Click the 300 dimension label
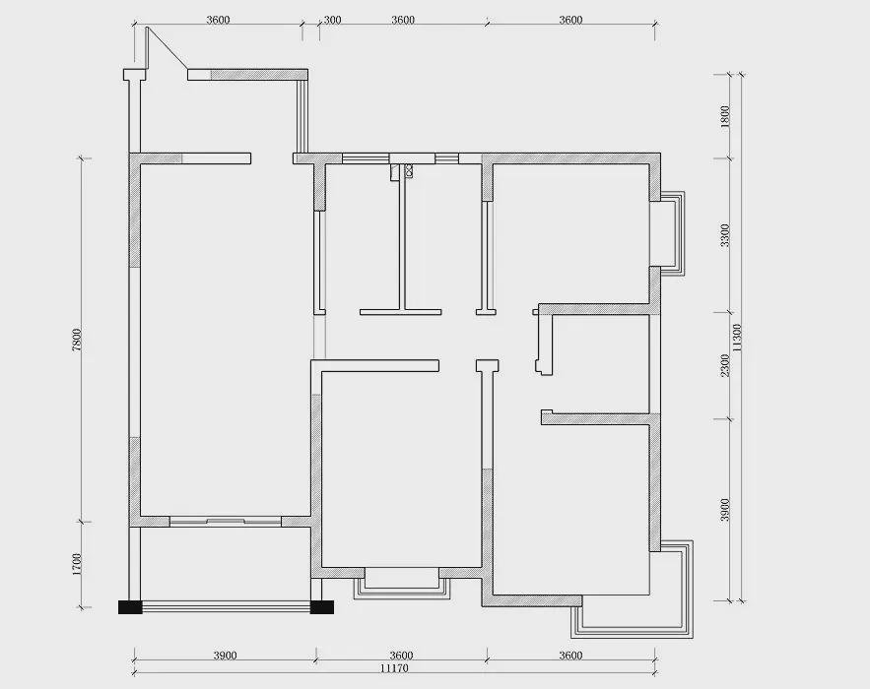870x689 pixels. tap(332, 20)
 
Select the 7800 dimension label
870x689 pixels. tap(77, 340)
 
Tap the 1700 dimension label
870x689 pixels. tap(77, 564)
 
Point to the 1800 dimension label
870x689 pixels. tap(724, 117)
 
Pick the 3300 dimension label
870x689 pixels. tap(724, 235)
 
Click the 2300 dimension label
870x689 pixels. tap(724, 366)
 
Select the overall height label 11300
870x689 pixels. tap(737, 338)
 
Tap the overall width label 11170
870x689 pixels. tap(394, 668)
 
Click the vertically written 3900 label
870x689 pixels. tap(724, 510)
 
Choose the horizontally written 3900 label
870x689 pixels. tap(225, 656)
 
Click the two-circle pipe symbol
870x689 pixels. tap(410, 170)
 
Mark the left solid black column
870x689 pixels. tap(130, 607)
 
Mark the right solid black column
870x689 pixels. tap(322, 607)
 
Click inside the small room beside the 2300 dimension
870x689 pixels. tap(602, 363)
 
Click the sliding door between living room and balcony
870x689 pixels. tap(226, 521)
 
